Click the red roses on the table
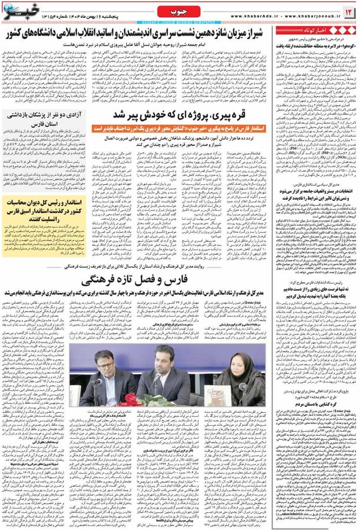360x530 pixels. click(x=127, y=400)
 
